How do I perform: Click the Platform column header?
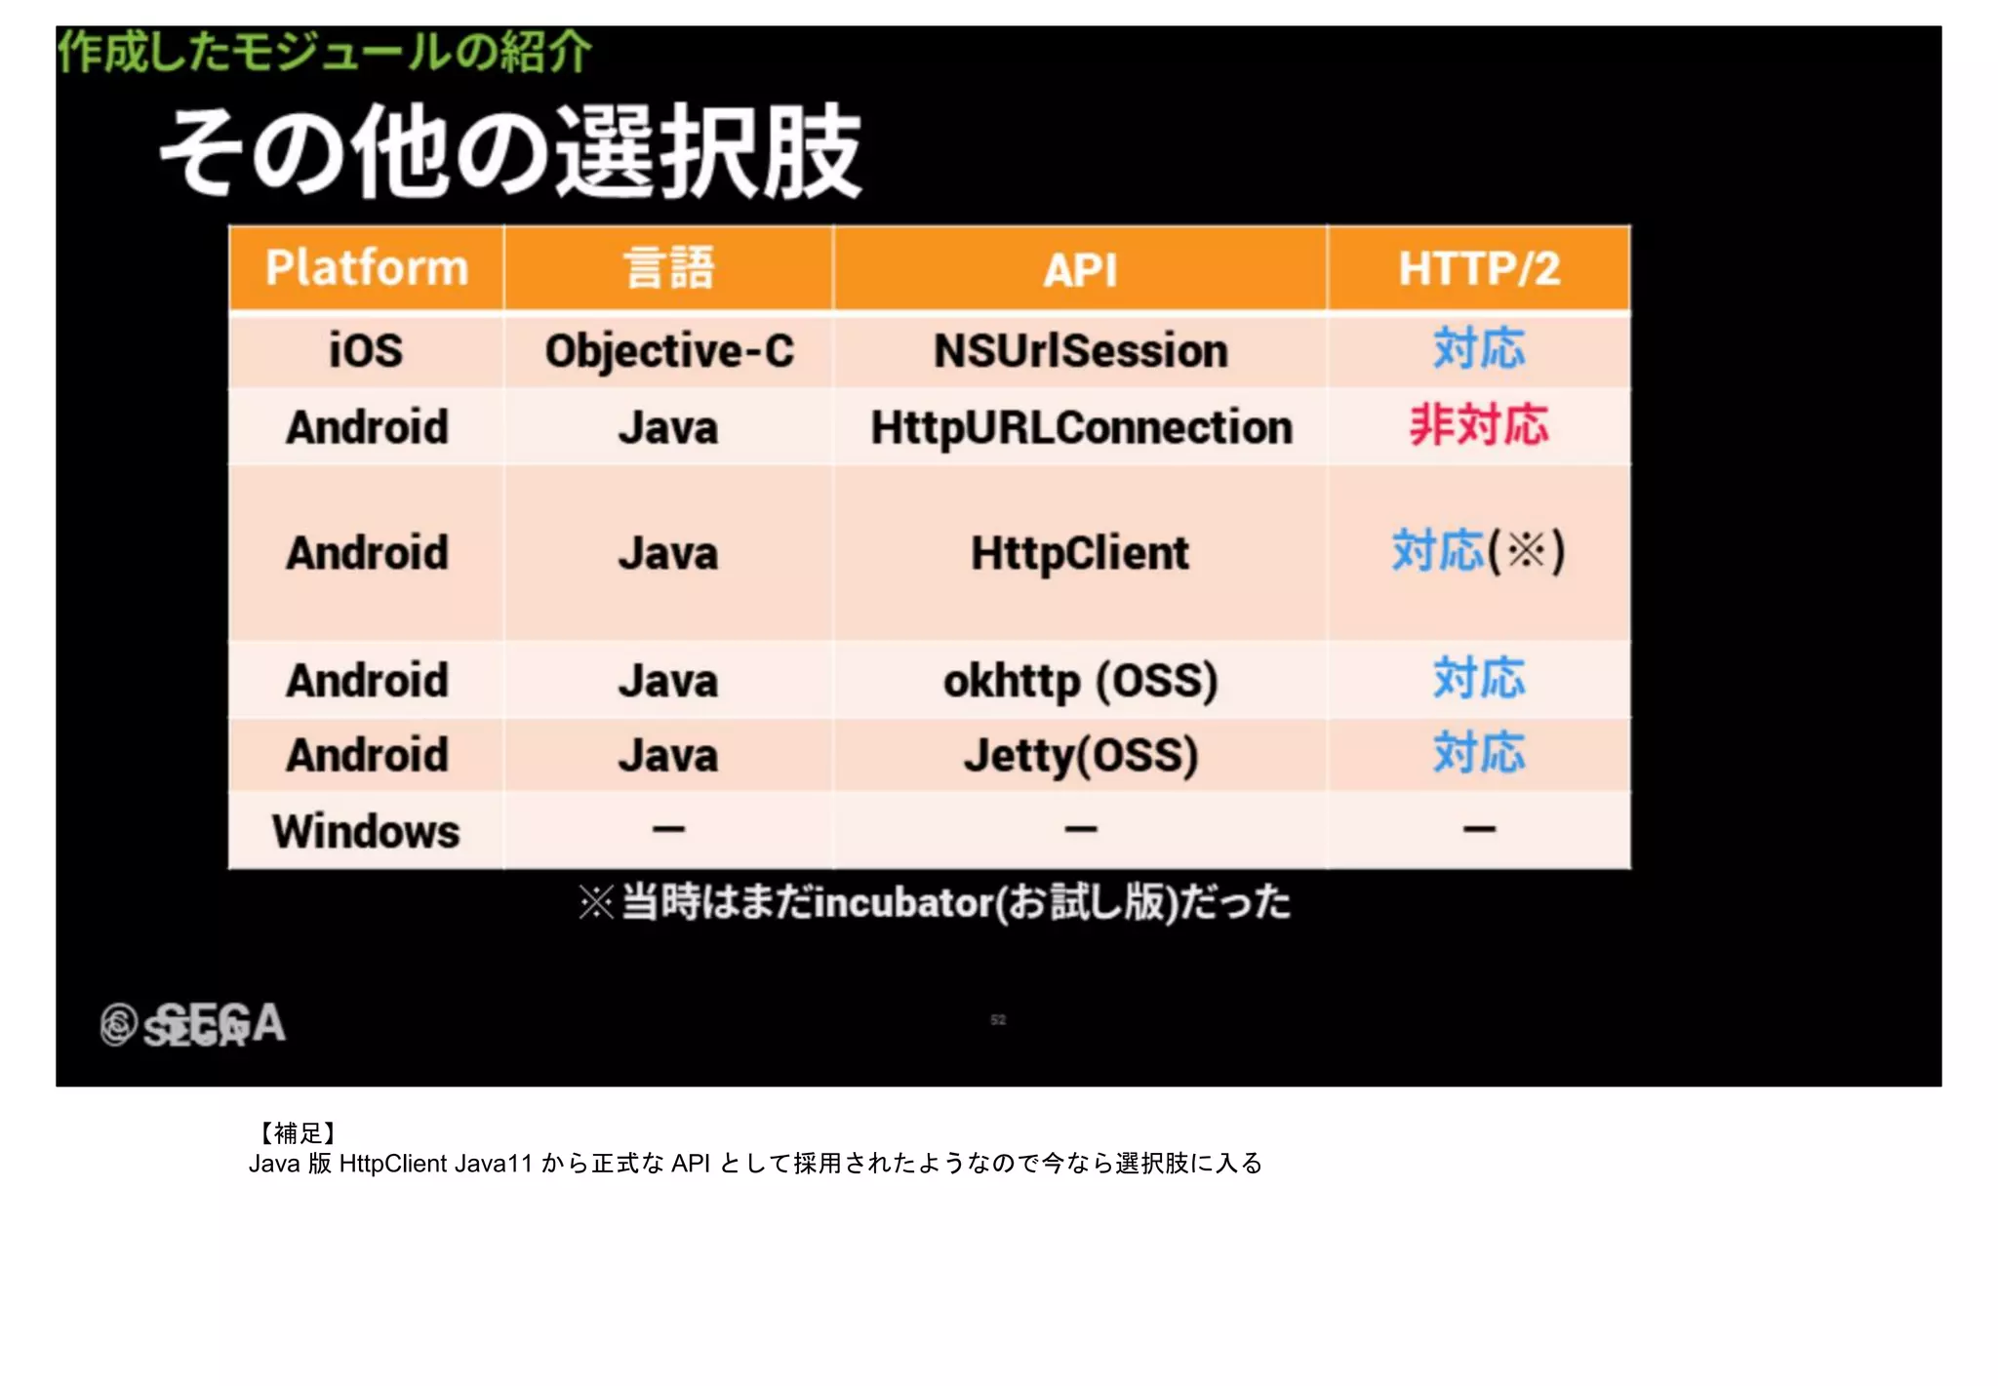point(367,268)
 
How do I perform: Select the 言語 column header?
point(669,268)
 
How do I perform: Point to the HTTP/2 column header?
point(1479,269)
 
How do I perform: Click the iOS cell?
point(366,350)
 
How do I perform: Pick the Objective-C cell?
point(669,351)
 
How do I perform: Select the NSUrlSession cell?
point(1080,351)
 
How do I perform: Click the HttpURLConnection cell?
point(1081,427)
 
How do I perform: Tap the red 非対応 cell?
point(1479,426)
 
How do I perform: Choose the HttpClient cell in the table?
point(1080,553)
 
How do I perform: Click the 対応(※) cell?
point(1478,551)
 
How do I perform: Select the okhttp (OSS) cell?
point(1080,681)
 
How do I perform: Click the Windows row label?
point(366,832)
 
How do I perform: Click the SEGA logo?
point(194,1024)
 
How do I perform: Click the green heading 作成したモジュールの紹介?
point(324,52)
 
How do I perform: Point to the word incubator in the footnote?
point(904,903)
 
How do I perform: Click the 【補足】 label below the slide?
point(297,1132)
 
